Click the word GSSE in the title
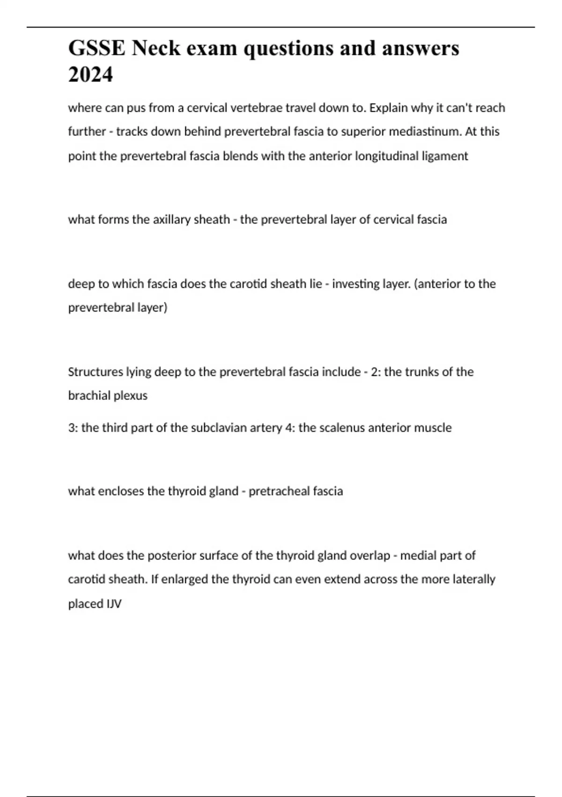coord(96,48)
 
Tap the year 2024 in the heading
coord(90,74)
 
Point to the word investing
coord(355,284)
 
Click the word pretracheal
coord(279,491)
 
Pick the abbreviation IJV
coord(114,604)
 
